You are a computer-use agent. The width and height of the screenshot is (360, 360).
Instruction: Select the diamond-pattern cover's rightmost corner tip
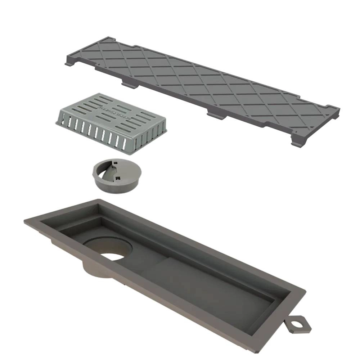point(338,109)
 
